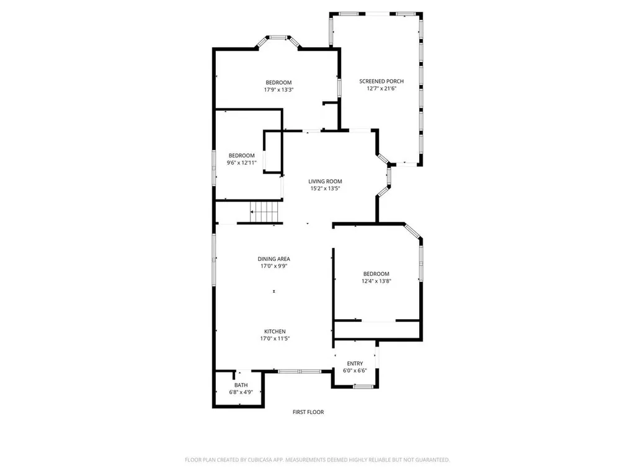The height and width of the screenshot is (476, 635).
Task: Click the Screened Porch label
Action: pos(381,81)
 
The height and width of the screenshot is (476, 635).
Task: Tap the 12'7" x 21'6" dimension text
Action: pos(381,89)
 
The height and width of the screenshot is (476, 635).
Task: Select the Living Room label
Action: pos(326,181)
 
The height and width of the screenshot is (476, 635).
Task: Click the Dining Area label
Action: pos(274,259)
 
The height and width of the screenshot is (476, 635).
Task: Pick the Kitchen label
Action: pos(274,332)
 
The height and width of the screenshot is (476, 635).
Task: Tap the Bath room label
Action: pos(241,385)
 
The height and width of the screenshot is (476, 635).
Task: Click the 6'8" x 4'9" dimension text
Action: pos(241,392)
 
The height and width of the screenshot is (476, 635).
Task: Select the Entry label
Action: pos(355,364)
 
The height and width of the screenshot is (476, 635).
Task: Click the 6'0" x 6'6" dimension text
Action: pos(355,371)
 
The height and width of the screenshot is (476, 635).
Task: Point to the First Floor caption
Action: pos(308,412)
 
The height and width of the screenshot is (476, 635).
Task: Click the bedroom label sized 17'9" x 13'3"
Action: pos(278,82)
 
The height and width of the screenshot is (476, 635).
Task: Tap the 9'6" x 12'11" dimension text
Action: pos(241,162)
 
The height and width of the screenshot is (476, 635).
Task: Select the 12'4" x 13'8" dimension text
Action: pos(376,281)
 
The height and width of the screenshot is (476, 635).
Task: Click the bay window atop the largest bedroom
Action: pos(278,38)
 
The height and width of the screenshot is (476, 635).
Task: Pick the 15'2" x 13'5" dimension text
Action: pos(326,188)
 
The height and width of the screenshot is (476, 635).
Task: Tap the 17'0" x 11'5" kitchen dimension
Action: pos(274,339)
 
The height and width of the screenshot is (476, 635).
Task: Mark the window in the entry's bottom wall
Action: pos(364,387)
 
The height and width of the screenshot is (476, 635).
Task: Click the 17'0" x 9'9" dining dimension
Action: pos(274,267)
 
